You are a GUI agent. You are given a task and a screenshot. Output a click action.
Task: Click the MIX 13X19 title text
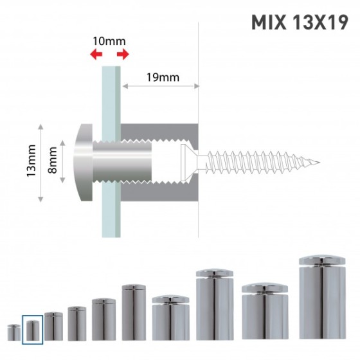pyautogui.click(x=300, y=22)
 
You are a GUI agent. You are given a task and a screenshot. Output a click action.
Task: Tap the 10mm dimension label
pyautogui.click(x=109, y=41)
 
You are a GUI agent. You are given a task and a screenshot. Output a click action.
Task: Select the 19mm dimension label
pyautogui.click(x=163, y=77)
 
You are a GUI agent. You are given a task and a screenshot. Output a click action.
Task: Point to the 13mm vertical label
pyautogui.click(x=32, y=161)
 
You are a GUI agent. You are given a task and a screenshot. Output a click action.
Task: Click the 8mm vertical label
pyautogui.click(x=52, y=160)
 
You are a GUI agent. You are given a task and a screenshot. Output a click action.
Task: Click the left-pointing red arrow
pyautogui.click(x=96, y=54)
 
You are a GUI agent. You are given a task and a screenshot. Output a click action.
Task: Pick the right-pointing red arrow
pyautogui.click(x=123, y=54)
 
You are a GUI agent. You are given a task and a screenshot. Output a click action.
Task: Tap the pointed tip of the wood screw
pyautogui.click(x=319, y=162)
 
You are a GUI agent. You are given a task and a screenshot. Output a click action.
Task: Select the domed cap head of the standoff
pyautogui.click(x=83, y=163)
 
